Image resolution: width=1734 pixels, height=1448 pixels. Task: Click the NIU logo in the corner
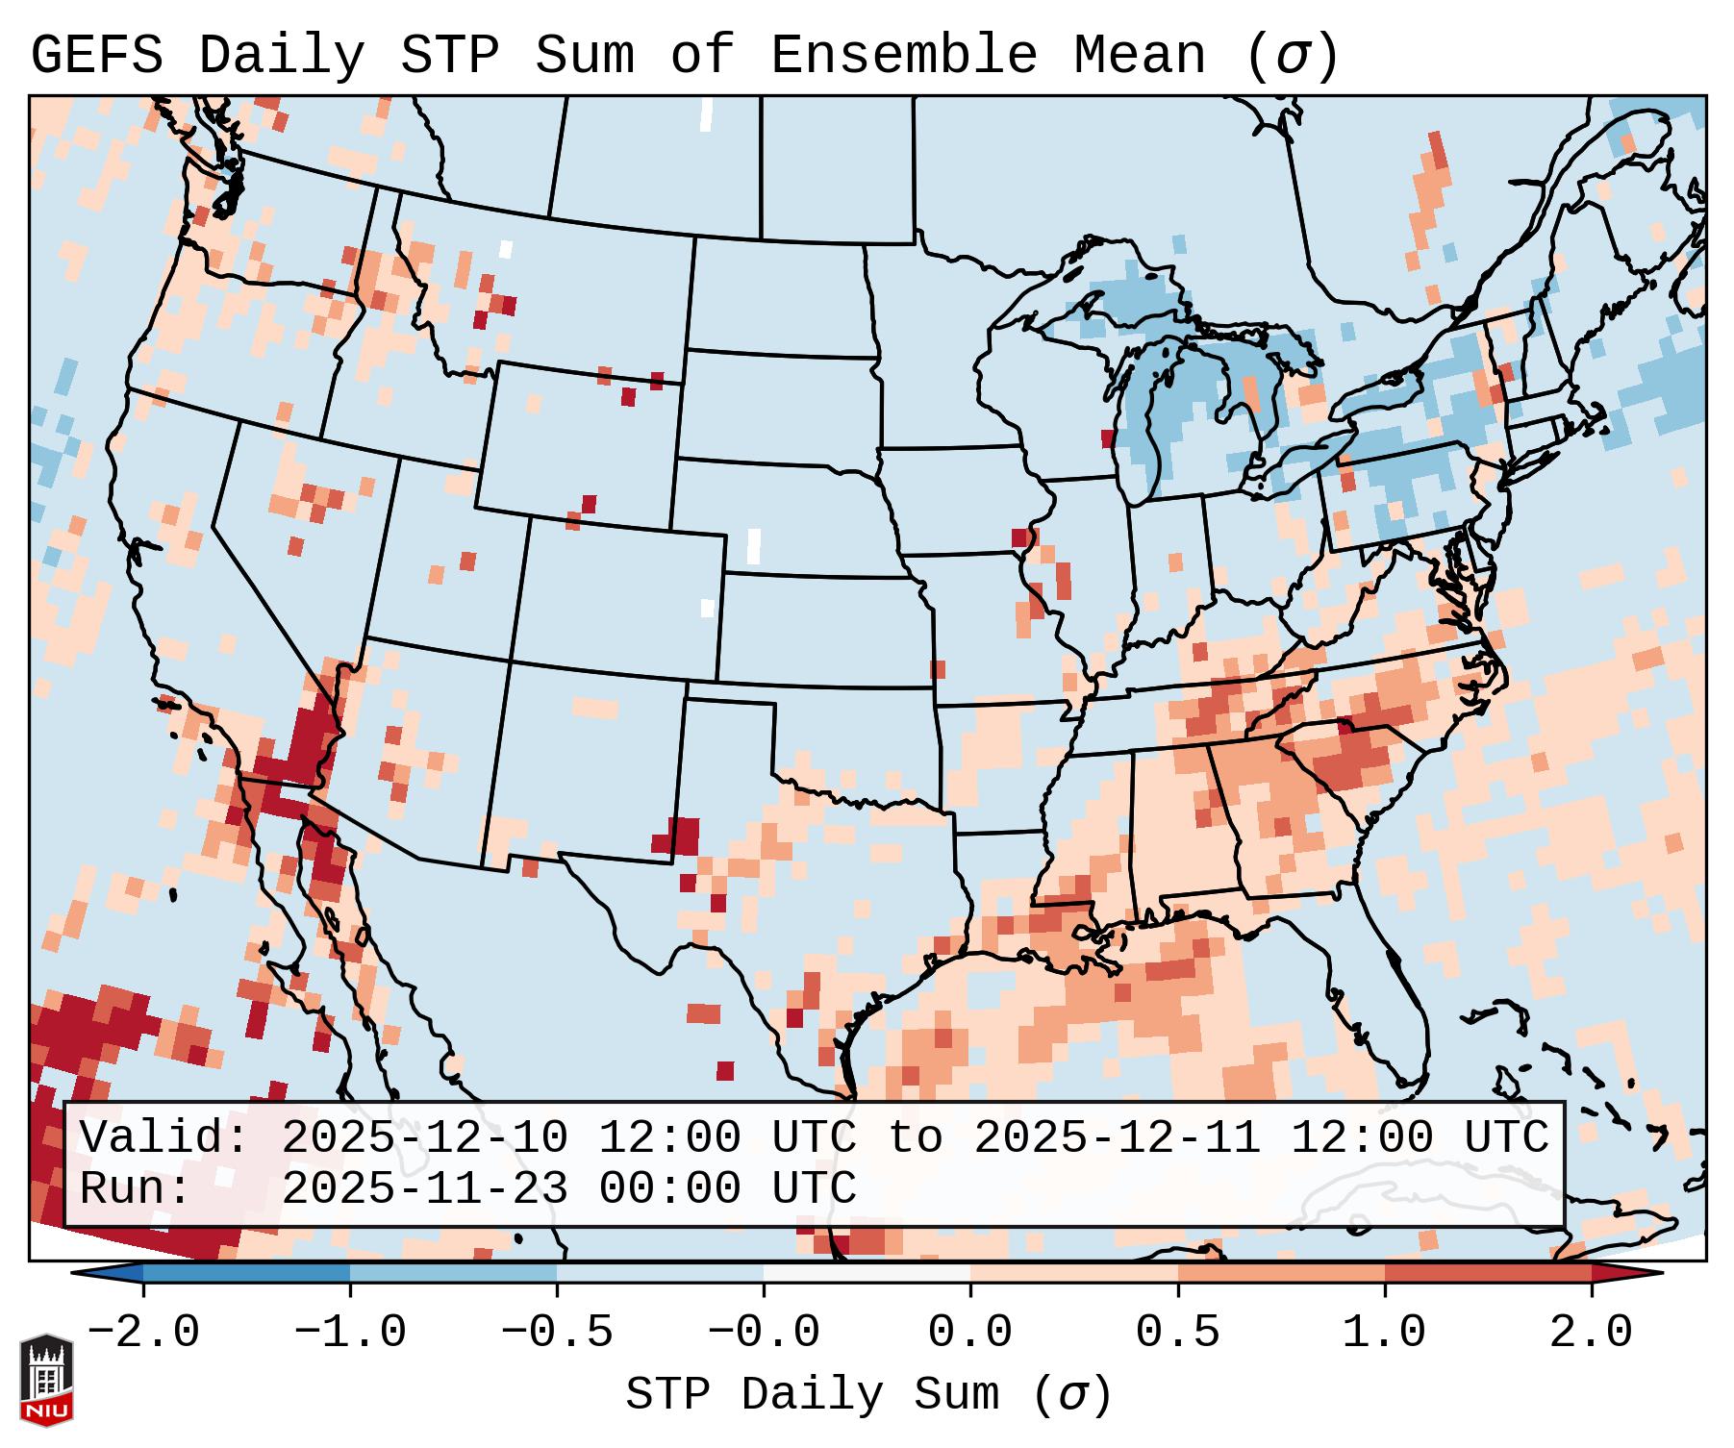pyautogui.click(x=46, y=1380)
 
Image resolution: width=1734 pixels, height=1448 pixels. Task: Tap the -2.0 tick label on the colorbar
pyautogui.click(x=143, y=1333)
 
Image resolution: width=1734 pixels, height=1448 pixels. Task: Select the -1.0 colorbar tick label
pyautogui.click(x=350, y=1333)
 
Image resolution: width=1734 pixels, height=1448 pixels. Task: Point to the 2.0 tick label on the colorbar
pyautogui.click(x=1592, y=1333)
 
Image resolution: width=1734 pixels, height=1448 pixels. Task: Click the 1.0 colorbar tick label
pyautogui.click(x=1385, y=1333)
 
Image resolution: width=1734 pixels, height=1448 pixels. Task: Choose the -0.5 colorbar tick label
pyautogui.click(x=557, y=1333)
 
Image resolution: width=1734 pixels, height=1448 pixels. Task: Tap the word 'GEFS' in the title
pyautogui.click(x=96, y=56)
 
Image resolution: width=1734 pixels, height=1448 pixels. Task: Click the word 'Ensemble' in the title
pyautogui.click(x=903, y=56)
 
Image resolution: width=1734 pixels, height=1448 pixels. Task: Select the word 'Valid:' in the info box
pyautogui.click(x=164, y=1137)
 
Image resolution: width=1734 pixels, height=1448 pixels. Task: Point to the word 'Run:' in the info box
pyautogui.click(x=136, y=1188)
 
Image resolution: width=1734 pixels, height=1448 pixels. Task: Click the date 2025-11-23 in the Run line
pyautogui.click(x=424, y=1188)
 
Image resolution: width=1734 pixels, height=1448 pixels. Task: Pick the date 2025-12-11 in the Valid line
pyautogui.click(x=1117, y=1137)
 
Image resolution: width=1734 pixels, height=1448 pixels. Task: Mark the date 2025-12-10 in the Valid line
pyautogui.click(x=424, y=1137)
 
